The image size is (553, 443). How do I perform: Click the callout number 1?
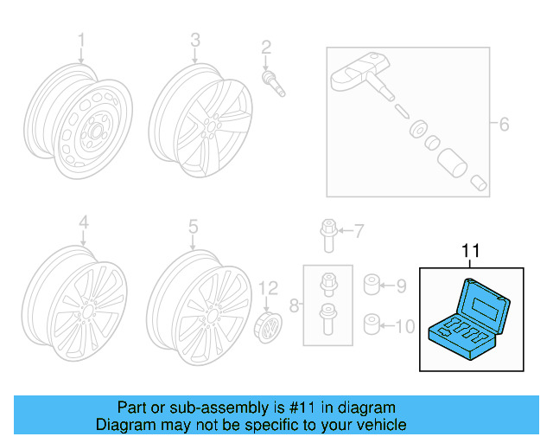point(82,40)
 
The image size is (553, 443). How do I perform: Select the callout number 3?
point(195,40)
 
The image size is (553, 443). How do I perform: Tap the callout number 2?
point(267,47)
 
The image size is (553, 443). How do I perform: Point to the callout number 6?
point(504,125)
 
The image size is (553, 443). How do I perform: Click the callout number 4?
point(84,226)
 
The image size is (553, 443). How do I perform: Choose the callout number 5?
point(194,227)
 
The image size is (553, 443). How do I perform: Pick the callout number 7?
point(359,230)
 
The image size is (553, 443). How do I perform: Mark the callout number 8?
point(294,305)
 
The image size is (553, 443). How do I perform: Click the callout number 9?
point(401,284)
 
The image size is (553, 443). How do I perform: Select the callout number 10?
point(404,326)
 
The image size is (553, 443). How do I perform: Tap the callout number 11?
point(470,251)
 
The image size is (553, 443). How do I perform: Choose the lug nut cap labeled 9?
point(372,284)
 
